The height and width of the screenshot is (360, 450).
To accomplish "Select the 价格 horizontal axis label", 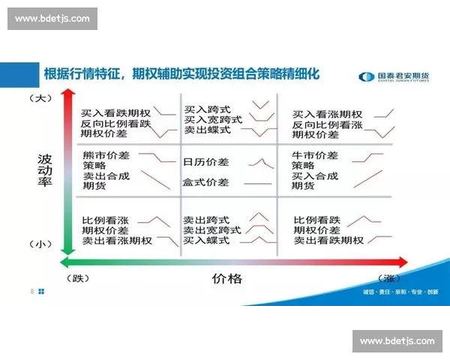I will [227, 278].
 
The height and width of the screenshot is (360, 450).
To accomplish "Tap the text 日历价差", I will [206, 161].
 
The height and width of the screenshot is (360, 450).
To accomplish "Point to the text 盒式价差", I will [206, 182].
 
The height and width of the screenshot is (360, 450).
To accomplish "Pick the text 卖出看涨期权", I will [117, 241].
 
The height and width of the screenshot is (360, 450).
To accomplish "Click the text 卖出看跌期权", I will [328, 241].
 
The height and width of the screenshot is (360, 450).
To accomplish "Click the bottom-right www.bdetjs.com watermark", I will [397, 341].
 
